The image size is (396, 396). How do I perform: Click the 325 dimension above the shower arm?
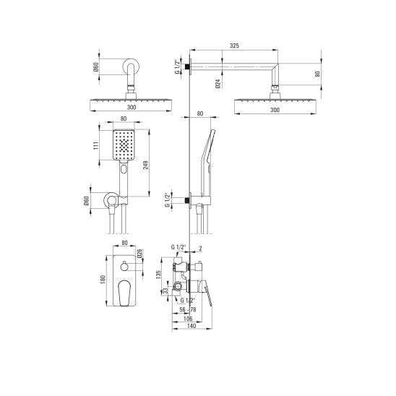(x=234, y=46)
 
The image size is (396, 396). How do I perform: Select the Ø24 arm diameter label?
(x=218, y=83)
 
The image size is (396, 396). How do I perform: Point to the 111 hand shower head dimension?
(x=96, y=146)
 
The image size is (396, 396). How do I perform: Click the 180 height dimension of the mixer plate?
(x=103, y=280)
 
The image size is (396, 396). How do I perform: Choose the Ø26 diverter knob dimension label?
(x=140, y=254)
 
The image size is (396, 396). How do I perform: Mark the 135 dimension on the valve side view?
(x=158, y=275)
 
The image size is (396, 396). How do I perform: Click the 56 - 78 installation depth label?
(x=188, y=309)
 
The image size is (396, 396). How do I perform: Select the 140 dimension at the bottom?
(x=191, y=326)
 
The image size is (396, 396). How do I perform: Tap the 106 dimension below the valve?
(x=188, y=319)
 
